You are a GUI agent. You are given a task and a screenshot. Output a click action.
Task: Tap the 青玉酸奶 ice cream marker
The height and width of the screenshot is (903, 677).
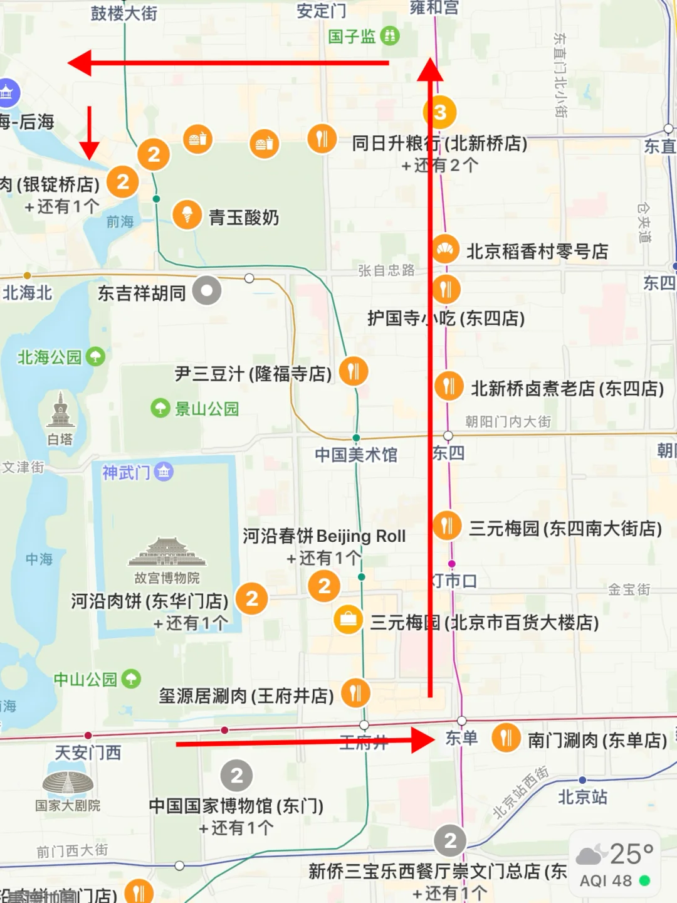187,215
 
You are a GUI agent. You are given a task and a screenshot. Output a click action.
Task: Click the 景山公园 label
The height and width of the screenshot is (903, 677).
206,409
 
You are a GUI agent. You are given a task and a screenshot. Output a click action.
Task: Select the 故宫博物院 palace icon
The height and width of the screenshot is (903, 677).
167,551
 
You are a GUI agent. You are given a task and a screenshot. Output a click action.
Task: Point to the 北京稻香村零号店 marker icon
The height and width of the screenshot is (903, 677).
446,250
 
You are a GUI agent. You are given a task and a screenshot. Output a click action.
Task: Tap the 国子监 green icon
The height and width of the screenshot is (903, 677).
390,36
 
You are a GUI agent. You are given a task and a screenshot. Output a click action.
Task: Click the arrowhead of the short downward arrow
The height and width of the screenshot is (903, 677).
89,150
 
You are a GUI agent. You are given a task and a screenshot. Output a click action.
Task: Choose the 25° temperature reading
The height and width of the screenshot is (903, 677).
631,854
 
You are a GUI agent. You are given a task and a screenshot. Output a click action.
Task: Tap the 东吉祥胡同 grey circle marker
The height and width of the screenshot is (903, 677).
207,291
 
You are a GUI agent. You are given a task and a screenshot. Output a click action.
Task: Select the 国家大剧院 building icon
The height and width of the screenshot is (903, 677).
68,782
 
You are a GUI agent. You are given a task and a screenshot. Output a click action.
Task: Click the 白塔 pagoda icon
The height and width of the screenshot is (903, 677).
60,411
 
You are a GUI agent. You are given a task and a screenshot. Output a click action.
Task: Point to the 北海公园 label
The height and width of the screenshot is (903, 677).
50,357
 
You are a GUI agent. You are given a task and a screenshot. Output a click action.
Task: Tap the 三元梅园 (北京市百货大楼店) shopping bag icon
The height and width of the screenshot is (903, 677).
349,620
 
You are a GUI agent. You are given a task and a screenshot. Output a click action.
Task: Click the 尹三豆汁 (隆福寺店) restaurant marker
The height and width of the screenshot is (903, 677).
354,371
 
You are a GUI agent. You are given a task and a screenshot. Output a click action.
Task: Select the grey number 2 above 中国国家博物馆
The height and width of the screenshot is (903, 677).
236,776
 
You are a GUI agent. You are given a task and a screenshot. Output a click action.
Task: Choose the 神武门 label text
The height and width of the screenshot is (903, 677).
126,472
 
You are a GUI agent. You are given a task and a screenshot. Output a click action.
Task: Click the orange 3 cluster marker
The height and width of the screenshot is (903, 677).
440,112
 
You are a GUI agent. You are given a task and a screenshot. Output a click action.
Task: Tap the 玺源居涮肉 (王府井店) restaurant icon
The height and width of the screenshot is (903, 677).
355,693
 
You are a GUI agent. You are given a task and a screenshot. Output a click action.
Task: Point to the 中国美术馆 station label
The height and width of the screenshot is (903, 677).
356,455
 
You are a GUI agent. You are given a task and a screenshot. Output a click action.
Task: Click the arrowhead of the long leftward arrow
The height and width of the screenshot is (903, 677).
79,63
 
